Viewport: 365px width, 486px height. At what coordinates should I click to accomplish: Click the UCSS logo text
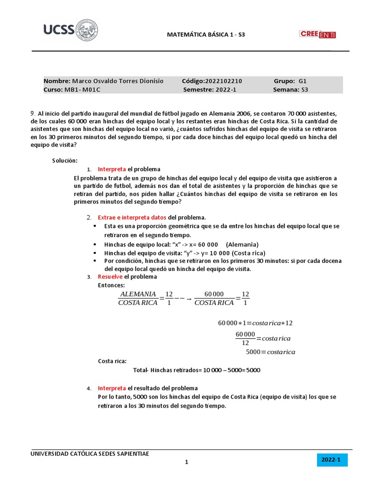pyautogui.click(x=58, y=30)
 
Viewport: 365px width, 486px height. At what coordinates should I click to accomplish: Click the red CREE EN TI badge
pyautogui.click(x=317, y=34)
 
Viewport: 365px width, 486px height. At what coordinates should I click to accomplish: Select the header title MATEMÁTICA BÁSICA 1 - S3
pyautogui.click(x=206, y=35)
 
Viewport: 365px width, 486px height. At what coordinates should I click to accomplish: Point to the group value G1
pyautogui.click(x=303, y=81)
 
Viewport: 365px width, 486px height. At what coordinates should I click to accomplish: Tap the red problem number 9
pyautogui.click(x=32, y=113)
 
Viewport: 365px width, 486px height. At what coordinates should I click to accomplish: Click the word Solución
pyautogui.click(x=65, y=161)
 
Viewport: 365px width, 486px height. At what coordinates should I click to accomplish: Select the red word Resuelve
pyautogui.click(x=110, y=277)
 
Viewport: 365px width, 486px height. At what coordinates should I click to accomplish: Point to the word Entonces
pyautogui.click(x=111, y=285)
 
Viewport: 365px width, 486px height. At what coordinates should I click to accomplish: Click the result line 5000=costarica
pyautogui.click(x=270, y=352)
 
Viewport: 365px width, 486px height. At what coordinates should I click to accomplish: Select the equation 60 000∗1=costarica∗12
pyautogui.click(x=255, y=323)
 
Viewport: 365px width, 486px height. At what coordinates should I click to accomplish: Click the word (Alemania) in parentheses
pyautogui.click(x=242, y=244)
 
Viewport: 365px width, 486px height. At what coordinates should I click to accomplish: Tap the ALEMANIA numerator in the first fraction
pyautogui.click(x=138, y=294)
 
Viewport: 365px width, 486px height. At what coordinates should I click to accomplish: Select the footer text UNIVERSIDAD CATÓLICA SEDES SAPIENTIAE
pyautogui.click(x=90, y=454)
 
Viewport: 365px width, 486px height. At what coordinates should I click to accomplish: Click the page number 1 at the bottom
pyautogui.click(x=187, y=462)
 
